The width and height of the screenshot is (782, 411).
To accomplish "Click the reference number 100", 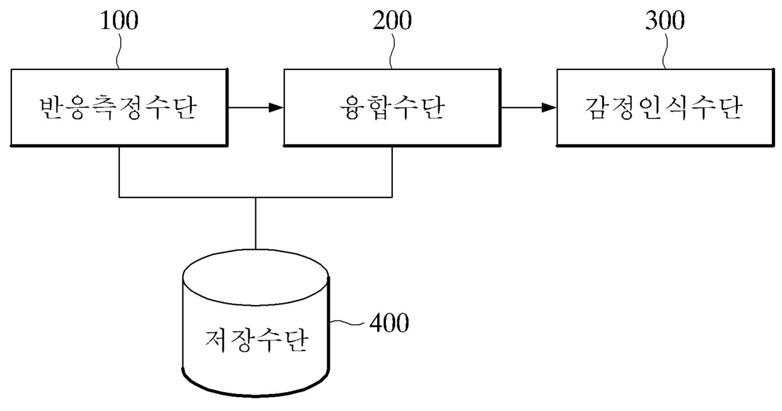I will tap(119, 21).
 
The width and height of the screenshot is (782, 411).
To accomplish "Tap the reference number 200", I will tap(392, 21).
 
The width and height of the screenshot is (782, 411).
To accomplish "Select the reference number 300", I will tap(664, 21).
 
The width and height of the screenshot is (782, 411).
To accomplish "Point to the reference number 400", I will tap(388, 323).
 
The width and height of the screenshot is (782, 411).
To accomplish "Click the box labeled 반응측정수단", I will tap(119, 108).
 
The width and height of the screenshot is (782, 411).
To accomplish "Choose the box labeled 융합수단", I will tap(392, 108).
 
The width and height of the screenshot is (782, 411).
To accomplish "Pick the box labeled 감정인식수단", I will tap(665, 108).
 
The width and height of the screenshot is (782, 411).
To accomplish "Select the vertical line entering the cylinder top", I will tap(255, 224).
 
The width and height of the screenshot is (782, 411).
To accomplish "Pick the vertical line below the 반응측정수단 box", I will tap(119, 171).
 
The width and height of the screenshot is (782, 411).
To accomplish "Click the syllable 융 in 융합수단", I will tap(351, 108).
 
